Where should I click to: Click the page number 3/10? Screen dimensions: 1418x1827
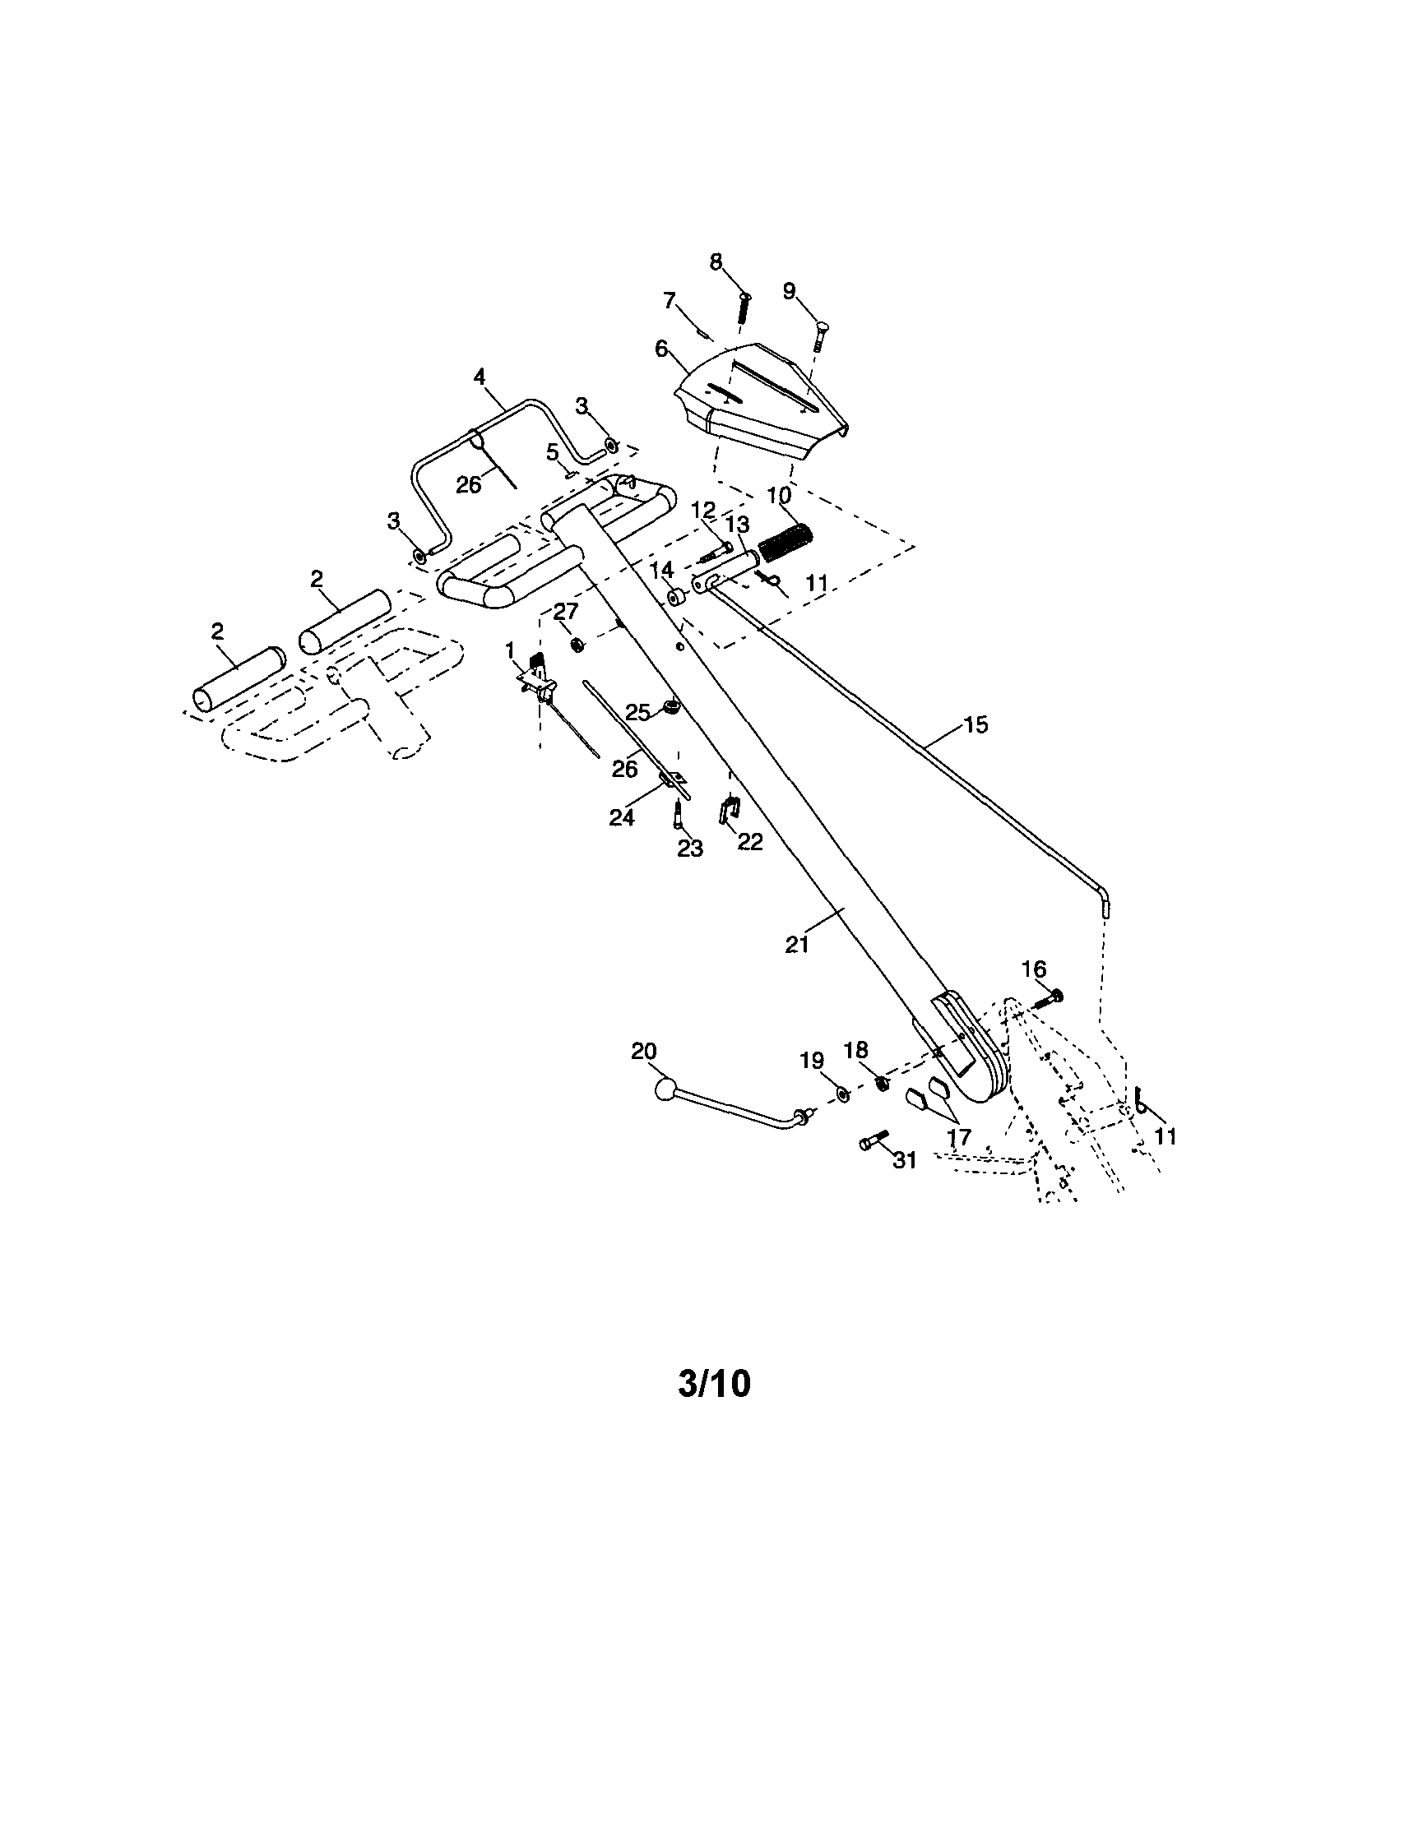[715, 1385]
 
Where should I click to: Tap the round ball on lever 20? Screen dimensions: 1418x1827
[665, 1091]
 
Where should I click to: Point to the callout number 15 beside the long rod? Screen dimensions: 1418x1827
[975, 724]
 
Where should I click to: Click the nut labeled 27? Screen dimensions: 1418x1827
[577, 644]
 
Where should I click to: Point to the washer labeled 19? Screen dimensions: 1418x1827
[842, 1095]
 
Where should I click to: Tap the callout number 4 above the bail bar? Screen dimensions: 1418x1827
[480, 377]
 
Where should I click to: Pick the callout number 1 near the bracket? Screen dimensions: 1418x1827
[509, 650]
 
